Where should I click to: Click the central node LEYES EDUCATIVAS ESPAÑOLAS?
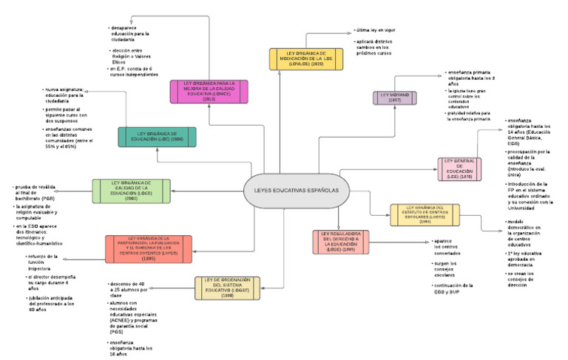(295, 191)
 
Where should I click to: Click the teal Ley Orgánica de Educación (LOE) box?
(157, 137)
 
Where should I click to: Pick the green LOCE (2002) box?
(131, 191)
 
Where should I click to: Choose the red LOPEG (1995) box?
(149, 249)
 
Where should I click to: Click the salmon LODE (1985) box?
(341, 242)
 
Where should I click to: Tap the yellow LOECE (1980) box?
(425, 214)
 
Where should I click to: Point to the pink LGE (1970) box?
(460, 169)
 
